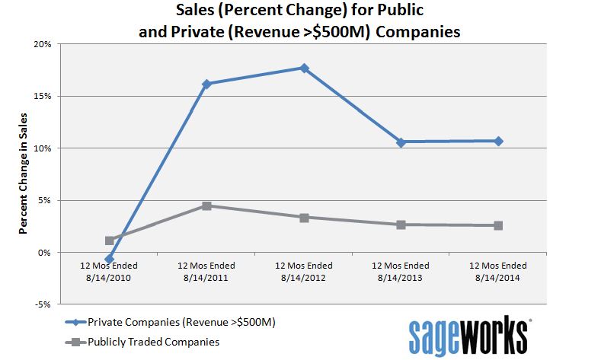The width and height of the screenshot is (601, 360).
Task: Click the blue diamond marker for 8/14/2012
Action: click(304, 68)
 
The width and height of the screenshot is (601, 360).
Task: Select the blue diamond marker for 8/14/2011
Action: click(206, 84)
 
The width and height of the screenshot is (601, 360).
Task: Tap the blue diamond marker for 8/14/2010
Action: click(110, 259)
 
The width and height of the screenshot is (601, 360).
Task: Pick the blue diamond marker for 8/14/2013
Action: click(401, 142)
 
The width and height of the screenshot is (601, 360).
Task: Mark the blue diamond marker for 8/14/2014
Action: click(498, 141)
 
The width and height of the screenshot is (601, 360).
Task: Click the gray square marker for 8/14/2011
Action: click(206, 205)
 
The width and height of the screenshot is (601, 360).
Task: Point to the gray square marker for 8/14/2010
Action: click(110, 241)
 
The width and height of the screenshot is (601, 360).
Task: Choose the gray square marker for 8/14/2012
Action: click(304, 218)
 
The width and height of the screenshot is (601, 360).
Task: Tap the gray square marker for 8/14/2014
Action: click(498, 225)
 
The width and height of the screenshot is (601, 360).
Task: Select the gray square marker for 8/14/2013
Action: click(401, 225)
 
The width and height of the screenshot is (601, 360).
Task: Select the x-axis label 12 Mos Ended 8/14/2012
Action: click(304, 271)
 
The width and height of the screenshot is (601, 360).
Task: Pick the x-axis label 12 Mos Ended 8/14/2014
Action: click(498, 271)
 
